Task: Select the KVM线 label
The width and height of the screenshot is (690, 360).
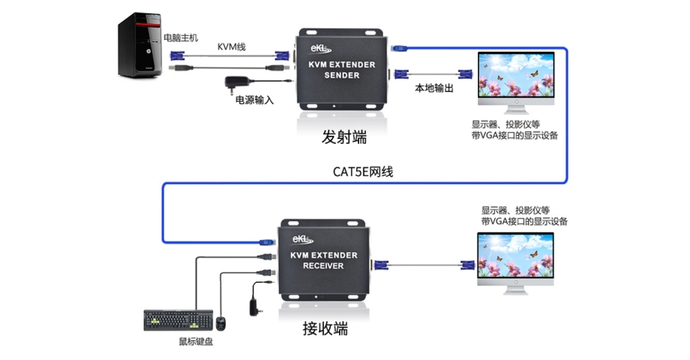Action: [x=231, y=47]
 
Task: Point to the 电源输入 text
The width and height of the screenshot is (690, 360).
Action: [x=254, y=99]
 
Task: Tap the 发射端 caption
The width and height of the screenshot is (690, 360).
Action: [x=344, y=137]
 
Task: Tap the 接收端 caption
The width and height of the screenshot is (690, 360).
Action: [x=323, y=327]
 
